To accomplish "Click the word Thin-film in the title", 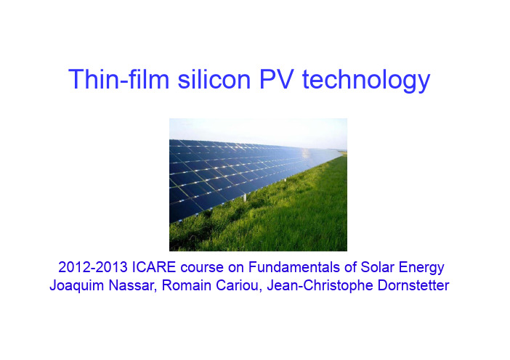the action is [x=119, y=79].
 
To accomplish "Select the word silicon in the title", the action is [x=214, y=79].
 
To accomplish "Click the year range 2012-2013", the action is [x=93, y=267].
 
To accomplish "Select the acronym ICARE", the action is [x=154, y=267].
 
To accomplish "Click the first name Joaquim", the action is [x=77, y=286].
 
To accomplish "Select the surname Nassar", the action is [x=133, y=285].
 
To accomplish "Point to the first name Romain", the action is [x=187, y=285].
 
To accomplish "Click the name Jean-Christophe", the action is [x=320, y=286].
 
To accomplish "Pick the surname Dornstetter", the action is [x=413, y=285].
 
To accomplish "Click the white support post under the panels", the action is [x=245, y=197].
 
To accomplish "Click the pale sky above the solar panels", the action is [x=258, y=129].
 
